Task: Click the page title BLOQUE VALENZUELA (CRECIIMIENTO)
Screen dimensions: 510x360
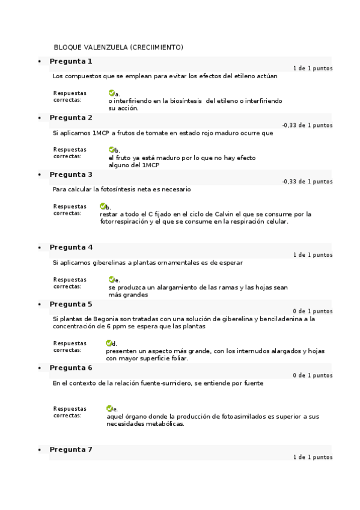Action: pyautogui.click(x=118, y=47)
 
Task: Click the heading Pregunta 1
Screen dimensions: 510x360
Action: pyautogui.click(x=71, y=61)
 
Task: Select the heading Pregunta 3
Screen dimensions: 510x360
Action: pyautogui.click(x=71, y=174)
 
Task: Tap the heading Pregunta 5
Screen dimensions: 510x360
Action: pyautogui.click(x=71, y=304)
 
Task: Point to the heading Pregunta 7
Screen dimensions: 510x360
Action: pyautogui.click(x=71, y=449)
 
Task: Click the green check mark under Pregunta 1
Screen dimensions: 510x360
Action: pyautogui.click(x=112, y=93)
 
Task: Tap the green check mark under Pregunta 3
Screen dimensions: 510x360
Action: pyautogui.click(x=103, y=206)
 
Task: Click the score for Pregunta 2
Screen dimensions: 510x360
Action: pyautogui.click(x=307, y=125)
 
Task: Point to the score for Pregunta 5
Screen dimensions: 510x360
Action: pyautogui.click(x=313, y=312)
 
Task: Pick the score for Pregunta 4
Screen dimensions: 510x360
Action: pyautogui.click(x=313, y=255)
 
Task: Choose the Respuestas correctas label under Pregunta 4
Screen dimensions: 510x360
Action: pyautogui.click(x=70, y=283)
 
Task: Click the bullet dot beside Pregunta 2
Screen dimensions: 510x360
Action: pyautogui.click(x=40, y=118)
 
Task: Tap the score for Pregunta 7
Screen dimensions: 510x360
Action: pyautogui.click(x=313, y=457)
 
